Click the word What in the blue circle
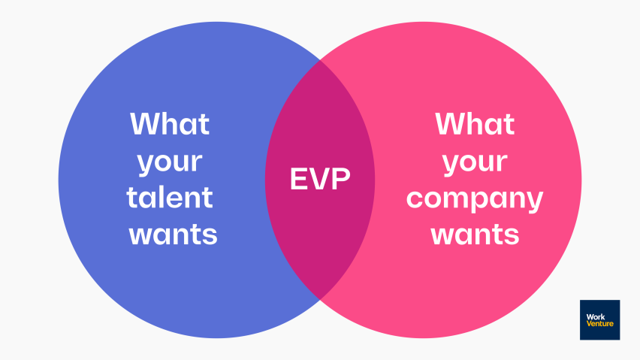point(170,124)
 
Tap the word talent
point(170,198)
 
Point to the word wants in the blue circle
point(173,234)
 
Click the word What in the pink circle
point(475,124)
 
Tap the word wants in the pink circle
point(475,234)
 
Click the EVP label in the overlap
point(320,179)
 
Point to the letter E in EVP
point(299,179)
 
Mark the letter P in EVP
point(341,179)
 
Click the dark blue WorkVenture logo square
point(599,320)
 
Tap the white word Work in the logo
point(596,316)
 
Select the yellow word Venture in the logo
point(600,324)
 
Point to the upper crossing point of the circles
point(320,60)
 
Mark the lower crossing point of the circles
point(320,299)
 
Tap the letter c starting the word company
point(415,198)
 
